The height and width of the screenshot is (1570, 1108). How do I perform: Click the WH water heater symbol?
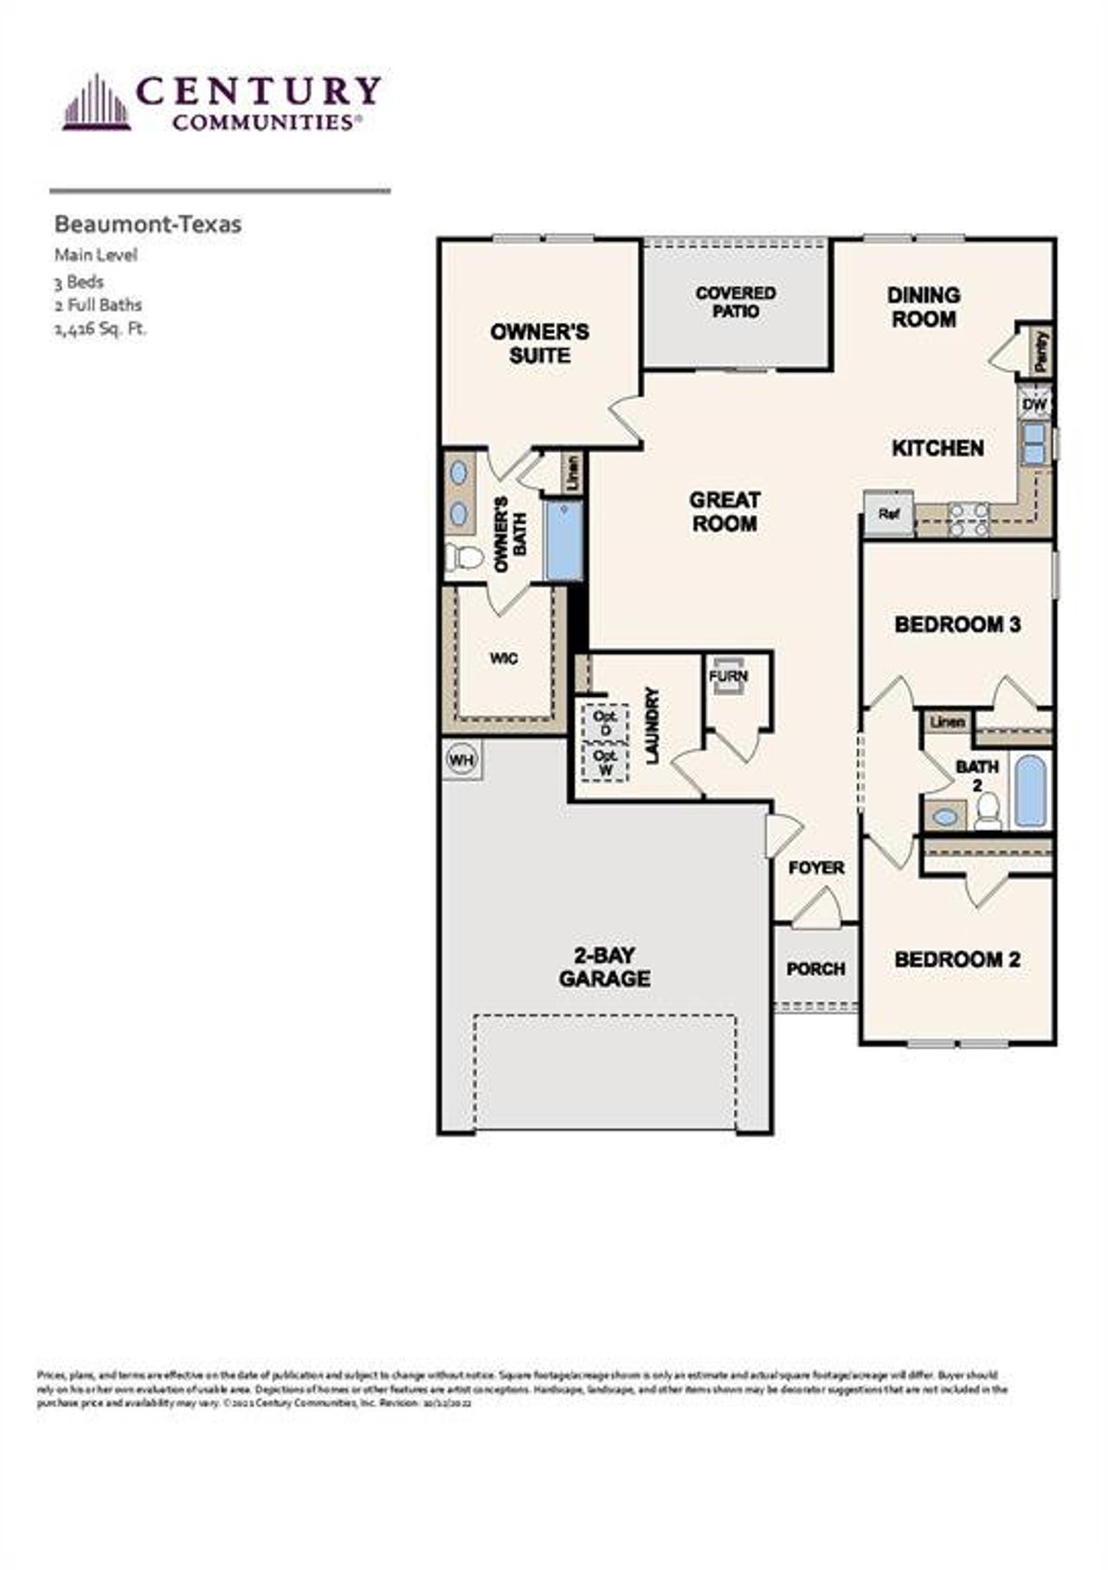pos(462,760)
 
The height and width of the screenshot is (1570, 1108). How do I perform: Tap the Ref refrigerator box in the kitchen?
pos(888,513)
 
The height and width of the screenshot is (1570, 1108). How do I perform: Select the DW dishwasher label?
pos(1034,404)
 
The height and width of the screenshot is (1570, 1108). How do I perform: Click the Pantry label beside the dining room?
pos(1040,351)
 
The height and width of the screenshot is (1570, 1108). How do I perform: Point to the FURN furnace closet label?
pos(729,676)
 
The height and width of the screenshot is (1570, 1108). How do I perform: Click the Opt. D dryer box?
pos(605,724)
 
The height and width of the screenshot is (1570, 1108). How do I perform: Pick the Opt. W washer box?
pos(605,762)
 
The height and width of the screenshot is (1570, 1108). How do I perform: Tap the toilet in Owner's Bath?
pos(465,557)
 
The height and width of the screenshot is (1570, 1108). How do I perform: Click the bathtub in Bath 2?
pos(1030,790)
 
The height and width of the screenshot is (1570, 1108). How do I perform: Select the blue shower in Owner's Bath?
pos(564,540)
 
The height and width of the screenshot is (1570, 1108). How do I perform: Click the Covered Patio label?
pos(736,302)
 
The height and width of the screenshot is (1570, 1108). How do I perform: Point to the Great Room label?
pos(725,512)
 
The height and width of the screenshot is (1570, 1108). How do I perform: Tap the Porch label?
pos(815,968)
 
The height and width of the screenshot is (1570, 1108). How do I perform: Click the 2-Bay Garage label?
pos(604,967)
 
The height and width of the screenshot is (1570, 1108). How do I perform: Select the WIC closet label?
pos(504,659)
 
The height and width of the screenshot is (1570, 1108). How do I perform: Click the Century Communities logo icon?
pos(96,103)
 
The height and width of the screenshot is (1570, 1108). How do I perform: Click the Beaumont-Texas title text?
pos(148,224)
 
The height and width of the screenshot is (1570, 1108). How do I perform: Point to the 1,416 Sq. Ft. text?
pos(100,329)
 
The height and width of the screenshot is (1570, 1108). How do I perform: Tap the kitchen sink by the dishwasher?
pos(1034,444)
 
